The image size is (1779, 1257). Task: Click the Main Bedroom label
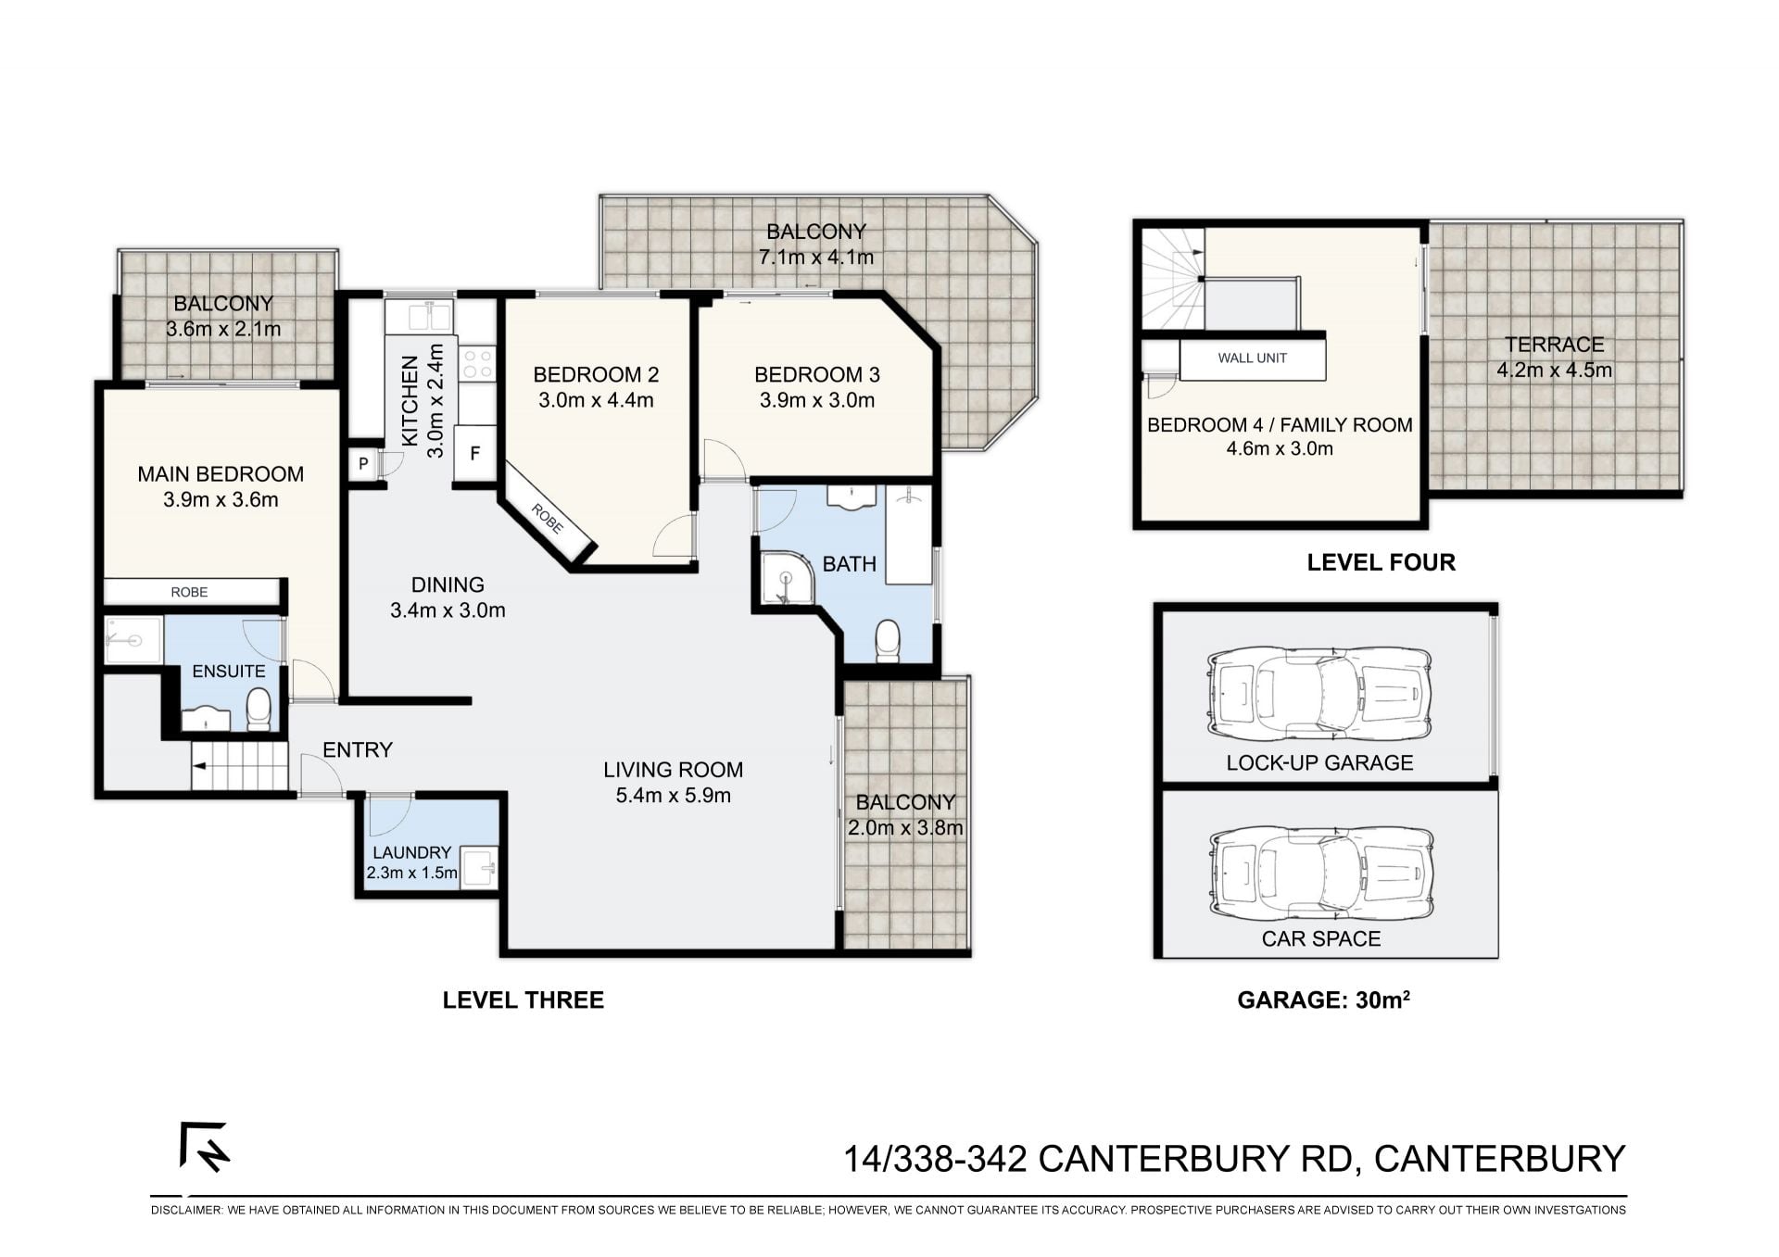(221, 474)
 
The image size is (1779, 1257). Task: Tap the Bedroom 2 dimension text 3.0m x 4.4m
(596, 401)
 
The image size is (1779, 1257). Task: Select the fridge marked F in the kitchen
(475, 454)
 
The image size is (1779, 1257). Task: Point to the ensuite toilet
(259, 709)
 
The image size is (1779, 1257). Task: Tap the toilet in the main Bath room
(888, 640)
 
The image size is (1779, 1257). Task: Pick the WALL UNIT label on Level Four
(1253, 358)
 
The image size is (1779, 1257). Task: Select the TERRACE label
(1555, 345)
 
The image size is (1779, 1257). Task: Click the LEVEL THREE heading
(524, 1000)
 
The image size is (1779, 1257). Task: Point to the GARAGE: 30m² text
(1324, 999)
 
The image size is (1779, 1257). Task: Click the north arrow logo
(204, 1147)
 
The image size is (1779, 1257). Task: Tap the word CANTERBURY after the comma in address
(1499, 1159)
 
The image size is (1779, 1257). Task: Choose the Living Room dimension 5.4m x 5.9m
(674, 796)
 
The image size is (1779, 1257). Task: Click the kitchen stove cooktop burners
(478, 363)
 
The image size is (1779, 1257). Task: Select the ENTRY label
(358, 750)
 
